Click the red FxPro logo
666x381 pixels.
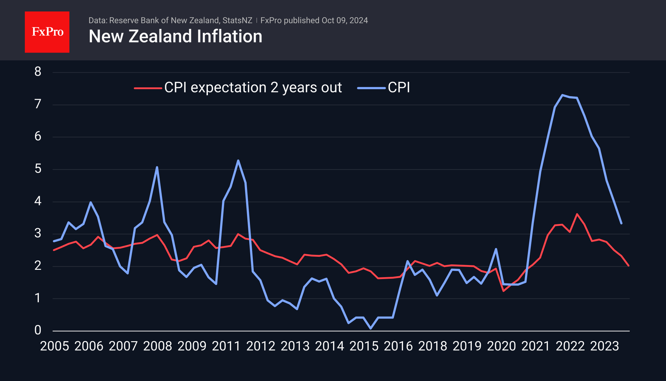click(47, 32)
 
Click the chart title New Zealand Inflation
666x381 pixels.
click(175, 36)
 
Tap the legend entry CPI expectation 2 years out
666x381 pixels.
click(253, 88)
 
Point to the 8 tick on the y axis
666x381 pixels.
click(38, 72)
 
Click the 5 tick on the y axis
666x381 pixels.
click(38, 169)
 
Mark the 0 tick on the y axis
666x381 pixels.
click(38, 330)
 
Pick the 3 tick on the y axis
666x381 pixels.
click(38, 233)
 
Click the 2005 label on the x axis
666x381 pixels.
click(54, 346)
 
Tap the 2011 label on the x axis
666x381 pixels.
click(226, 346)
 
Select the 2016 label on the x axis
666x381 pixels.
click(398, 346)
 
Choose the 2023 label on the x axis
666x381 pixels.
click(604, 346)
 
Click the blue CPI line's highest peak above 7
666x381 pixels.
click(562, 95)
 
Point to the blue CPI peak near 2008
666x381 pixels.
click(157, 167)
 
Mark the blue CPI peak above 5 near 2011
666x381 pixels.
click(238, 160)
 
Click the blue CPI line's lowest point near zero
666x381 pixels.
click(371, 328)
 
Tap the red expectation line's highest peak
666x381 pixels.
click(577, 214)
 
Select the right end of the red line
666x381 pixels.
click(628, 265)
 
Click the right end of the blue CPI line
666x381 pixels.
click(621, 223)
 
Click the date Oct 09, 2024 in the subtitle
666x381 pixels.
click(344, 20)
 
